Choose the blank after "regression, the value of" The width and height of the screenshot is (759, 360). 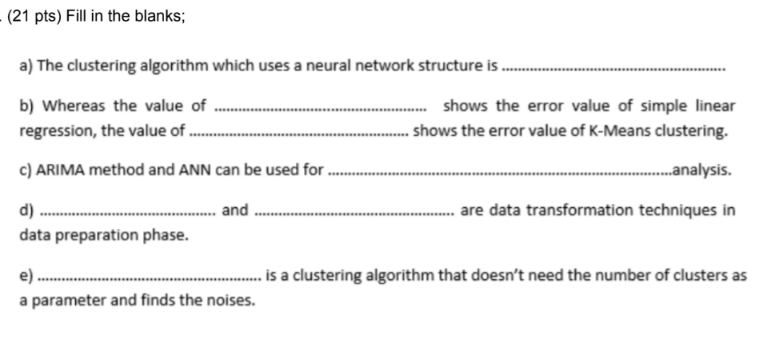pyautogui.click(x=298, y=132)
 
